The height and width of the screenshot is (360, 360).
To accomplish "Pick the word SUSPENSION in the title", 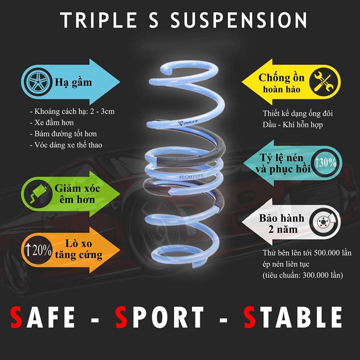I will pyautogui.click(x=239, y=20).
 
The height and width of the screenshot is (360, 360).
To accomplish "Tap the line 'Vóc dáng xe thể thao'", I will pyautogui.click(x=66, y=145).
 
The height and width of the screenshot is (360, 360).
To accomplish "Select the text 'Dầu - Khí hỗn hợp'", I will pyautogui.click(x=293, y=125).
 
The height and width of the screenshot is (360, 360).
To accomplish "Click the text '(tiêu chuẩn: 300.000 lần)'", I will pyautogui.click(x=303, y=275).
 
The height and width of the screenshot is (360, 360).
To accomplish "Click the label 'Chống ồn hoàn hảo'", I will pyautogui.click(x=281, y=83).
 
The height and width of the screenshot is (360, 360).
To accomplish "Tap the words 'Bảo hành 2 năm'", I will pyautogui.click(x=282, y=224).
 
